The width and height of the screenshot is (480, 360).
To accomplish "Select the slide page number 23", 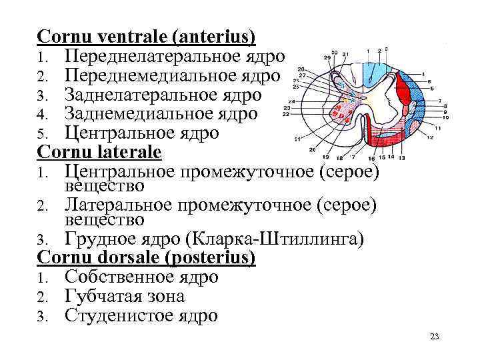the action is pos(435,337).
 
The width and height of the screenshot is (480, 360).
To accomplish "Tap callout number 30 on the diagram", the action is pos(334,53).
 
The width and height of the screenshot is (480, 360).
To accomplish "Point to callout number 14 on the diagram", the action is pos(391,157).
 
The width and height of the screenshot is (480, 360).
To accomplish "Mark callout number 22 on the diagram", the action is pos(285,114).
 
